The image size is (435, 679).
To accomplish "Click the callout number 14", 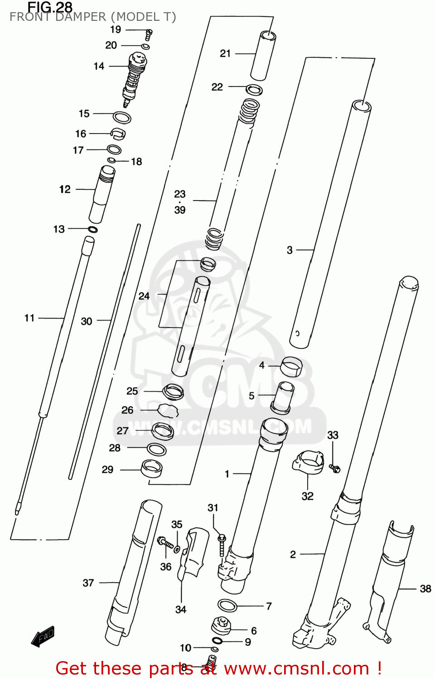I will click(x=99, y=66).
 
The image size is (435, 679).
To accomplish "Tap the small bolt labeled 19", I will click(x=148, y=34).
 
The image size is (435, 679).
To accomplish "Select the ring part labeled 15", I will click(x=122, y=117).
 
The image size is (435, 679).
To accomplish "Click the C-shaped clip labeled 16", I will click(x=118, y=134).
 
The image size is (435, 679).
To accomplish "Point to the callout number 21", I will click(x=225, y=53).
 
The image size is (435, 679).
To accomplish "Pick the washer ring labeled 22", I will click(x=254, y=89).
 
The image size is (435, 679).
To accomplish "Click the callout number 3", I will click(x=290, y=250).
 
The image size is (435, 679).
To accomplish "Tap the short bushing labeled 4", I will click(x=291, y=367).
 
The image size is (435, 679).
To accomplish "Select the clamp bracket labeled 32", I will click(x=309, y=462).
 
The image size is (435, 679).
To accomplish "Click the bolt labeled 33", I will click(x=335, y=469).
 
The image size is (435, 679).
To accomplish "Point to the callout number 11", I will click(x=29, y=318).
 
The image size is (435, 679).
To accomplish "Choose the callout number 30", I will click(x=87, y=321).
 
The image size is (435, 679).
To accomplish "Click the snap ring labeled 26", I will click(x=168, y=411).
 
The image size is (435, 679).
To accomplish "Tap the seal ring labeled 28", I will click(x=157, y=449).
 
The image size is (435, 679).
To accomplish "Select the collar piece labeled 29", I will click(x=152, y=469).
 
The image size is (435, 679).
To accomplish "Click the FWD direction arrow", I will click(x=43, y=636).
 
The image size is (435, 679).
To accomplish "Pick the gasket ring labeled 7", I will click(x=227, y=605).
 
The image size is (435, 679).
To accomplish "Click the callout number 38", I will click(x=425, y=589).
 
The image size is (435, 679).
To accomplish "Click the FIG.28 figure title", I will click(x=50, y=7).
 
